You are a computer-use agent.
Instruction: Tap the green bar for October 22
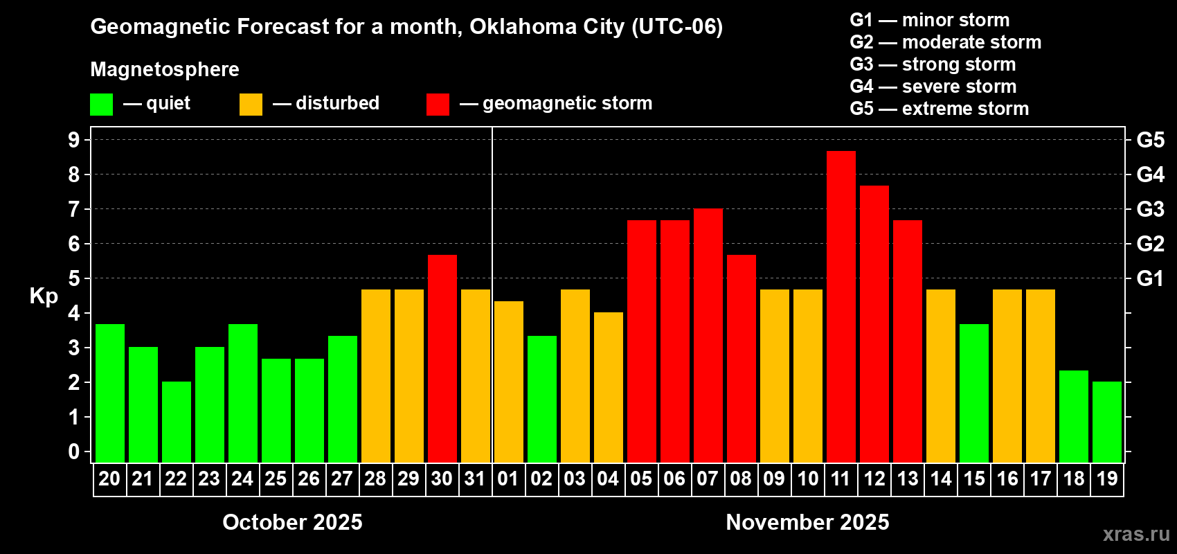click(176, 422)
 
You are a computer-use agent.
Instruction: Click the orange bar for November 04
click(608, 387)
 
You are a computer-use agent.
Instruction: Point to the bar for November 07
click(708, 335)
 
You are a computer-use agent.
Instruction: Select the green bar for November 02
click(541, 399)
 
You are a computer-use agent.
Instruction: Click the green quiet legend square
click(101, 105)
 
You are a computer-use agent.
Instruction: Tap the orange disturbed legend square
click(251, 105)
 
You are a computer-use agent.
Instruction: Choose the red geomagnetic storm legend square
click(438, 105)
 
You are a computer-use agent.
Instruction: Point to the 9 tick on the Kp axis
click(74, 140)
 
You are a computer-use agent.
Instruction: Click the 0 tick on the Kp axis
click(74, 452)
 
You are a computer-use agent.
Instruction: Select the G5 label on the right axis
click(1150, 140)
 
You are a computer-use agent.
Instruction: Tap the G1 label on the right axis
click(1150, 278)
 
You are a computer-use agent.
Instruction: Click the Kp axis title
click(44, 296)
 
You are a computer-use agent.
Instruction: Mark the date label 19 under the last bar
click(1106, 479)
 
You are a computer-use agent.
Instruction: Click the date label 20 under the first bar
click(109, 479)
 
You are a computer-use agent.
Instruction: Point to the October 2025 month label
click(292, 522)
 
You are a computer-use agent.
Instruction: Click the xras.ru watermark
click(1135, 534)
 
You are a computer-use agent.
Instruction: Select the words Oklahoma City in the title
click(547, 26)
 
